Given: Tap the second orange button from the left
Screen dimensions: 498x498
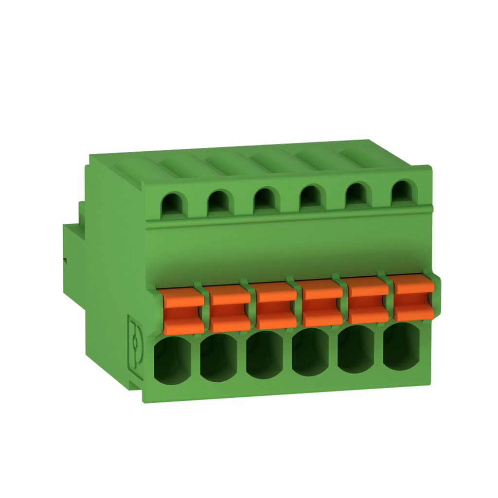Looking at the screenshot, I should pyautogui.click(x=230, y=311).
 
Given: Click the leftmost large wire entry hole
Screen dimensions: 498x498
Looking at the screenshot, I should pyautogui.click(x=174, y=361).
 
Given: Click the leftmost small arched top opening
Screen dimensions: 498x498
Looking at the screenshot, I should pyautogui.click(x=172, y=205).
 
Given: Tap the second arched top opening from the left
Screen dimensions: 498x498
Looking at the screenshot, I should pyautogui.click(x=218, y=202).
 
